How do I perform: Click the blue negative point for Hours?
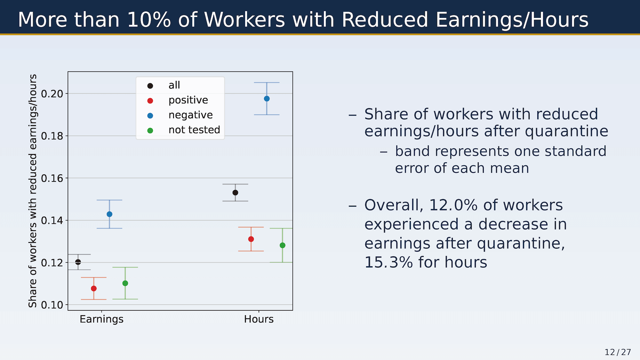pyautogui.click(x=267, y=99)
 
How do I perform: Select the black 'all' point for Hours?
pyautogui.click(x=235, y=193)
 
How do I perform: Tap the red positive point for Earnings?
pyautogui.click(x=94, y=289)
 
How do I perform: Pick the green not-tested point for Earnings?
pyautogui.click(x=125, y=283)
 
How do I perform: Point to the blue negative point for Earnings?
pyautogui.click(x=109, y=214)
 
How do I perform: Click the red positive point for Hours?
pyautogui.click(x=251, y=239)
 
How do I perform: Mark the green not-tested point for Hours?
pyautogui.click(x=282, y=245)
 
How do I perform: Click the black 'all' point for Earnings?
pyautogui.click(x=78, y=262)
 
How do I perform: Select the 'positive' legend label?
pyautogui.click(x=188, y=100)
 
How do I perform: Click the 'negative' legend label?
pyautogui.click(x=190, y=115)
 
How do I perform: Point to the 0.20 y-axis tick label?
pyautogui.click(x=52, y=94)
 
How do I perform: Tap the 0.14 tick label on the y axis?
pyautogui.click(x=52, y=220)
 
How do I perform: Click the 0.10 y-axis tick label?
pyautogui.click(x=52, y=305)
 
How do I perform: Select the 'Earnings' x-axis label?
pyautogui.click(x=101, y=319)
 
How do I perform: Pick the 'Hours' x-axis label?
pyautogui.click(x=259, y=319)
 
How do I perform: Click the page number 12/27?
pyautogui.click(x=618, y=352)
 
